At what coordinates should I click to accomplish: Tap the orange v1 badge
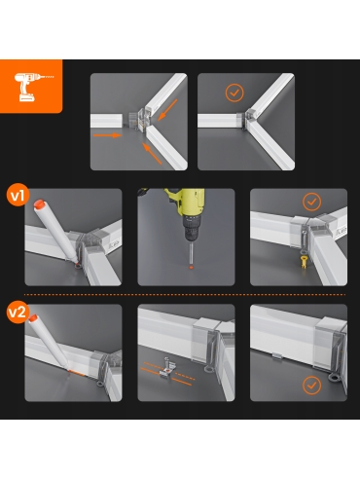coord(18,196)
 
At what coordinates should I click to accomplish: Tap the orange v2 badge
coord(18,312)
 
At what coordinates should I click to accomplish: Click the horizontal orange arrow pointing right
coord(107,135)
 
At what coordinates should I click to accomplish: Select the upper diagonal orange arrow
coord(167,110)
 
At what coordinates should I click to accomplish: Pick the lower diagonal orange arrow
coord(152,154)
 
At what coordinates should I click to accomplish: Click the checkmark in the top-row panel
coord(234,92)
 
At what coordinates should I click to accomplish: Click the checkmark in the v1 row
coord(311,202)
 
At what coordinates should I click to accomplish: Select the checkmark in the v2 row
coord(311,386)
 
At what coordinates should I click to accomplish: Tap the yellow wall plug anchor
coord(304,262)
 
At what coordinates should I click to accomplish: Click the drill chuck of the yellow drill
coord(191,228)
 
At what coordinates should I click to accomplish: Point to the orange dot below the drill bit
coord(191,267)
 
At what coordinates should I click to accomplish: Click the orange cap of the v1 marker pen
coord(39,204)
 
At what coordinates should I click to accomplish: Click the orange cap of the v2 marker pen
coord(33,318)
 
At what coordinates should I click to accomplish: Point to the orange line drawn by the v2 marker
coord(77,373)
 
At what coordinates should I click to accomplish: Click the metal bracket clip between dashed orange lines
coord(167,367)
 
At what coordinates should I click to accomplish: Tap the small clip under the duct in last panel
coord(277,355)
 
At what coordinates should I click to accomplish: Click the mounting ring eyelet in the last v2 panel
coord(334,377)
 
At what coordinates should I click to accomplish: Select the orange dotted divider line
coord(185,295)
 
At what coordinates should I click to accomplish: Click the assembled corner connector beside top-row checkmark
coord(249,118)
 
